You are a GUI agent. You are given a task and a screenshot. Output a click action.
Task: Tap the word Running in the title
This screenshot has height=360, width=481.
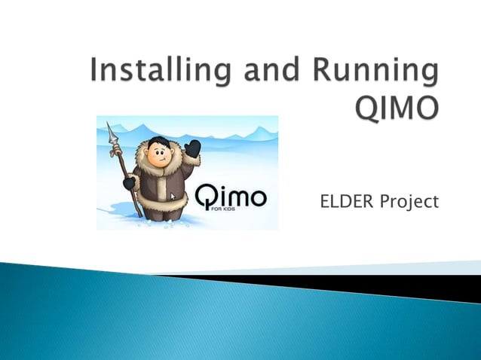click(x=378, y=71)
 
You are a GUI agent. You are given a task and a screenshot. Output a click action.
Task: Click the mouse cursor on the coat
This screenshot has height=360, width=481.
click(x=173, y=196)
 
